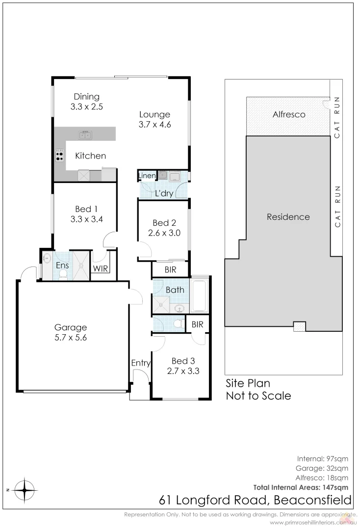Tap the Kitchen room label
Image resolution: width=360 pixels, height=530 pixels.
pyautogui.click(x=90, y=156)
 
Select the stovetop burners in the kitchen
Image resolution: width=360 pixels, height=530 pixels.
pyautogui.click(x=60, y=156)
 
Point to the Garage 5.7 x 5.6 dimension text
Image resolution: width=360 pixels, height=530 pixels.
pyautogui.click(x=70, y=338)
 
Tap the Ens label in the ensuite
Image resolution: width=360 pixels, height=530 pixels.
pyautogui.click(x=62, y=265)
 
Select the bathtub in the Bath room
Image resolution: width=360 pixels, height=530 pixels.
pyautogui.click(x=199, y=295)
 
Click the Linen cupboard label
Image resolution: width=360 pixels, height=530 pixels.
pyautogui.click(x=147, y=176)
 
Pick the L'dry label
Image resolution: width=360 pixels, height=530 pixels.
pyautogui.click(x=164, y=193)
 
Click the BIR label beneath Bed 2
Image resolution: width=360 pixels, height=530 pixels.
pyautogui.click(x=171, y=269)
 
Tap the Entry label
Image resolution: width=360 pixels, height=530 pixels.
pyautogui.click(x=141, y=363)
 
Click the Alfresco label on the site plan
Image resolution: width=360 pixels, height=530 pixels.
pyautogui.click(x=288, y=115)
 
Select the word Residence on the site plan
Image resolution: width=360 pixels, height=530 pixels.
pyautogui.click(x=288, y=217)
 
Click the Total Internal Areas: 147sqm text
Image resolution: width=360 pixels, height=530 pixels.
pyautogui.click(x=301, y=487)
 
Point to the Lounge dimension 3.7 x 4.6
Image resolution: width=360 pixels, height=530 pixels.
pyautogui.click(x=154, y=124)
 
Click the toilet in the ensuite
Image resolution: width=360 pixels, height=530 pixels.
pyautogui.click(x=63, y=277)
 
